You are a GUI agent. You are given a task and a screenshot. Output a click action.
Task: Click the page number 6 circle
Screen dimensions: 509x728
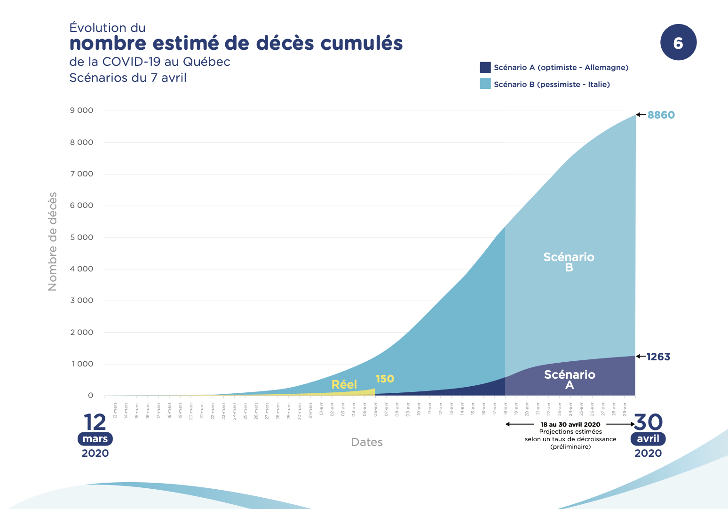(x=678, y=43)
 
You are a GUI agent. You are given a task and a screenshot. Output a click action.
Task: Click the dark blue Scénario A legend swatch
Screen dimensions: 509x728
(x=485, y=67)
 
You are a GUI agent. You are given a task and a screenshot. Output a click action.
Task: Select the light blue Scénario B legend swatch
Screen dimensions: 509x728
(x=485, y=84)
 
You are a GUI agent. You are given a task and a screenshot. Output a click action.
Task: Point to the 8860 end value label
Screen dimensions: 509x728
(x=661, y=115)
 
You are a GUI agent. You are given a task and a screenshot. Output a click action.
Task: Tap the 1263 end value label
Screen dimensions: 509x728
(x=658, y=357)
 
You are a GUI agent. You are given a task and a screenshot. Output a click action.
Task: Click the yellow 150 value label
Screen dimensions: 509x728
(x=385, y=379)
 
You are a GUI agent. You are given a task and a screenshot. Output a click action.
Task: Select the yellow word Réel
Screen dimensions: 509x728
(x=344, y=384)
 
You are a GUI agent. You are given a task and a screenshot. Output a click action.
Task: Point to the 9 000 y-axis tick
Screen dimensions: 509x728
(x=82, y=111)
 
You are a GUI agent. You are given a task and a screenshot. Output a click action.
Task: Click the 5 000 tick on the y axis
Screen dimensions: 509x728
(x=82, y=237)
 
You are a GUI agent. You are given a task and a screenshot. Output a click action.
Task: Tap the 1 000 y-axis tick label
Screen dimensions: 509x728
(x=82, y=364)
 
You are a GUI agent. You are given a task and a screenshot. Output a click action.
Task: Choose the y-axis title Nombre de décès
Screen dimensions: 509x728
(x=53, y=241)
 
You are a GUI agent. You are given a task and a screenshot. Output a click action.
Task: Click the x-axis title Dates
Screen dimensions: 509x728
(x=367, y=442)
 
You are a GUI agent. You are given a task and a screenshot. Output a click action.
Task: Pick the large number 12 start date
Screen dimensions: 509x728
(x=95, y=422)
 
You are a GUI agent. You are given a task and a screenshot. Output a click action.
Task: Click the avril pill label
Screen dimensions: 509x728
(x=648, y=439)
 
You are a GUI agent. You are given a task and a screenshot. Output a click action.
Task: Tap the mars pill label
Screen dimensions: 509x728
(x=95, y=439)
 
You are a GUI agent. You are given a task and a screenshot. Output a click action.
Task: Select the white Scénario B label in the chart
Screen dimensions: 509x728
(x=569, y=262)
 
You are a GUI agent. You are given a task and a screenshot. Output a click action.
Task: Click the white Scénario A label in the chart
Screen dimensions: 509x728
(x=570, y=380)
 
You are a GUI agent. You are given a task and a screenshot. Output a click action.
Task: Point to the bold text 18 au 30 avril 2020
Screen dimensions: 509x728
(x=570, y=424)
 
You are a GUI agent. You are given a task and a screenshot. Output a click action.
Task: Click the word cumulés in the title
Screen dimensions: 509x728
(x=362, y=43)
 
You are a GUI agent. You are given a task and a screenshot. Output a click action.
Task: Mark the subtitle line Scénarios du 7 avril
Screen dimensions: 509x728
(x=128, y=78)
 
